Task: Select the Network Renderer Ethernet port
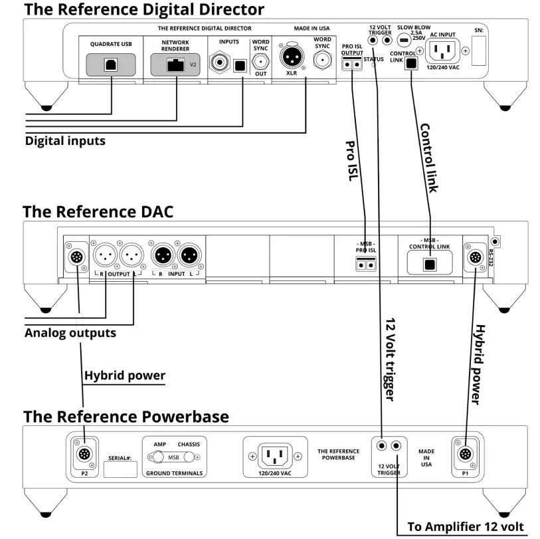[176, 64]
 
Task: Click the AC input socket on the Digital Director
[443, 50]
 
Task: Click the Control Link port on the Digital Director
[412, 63]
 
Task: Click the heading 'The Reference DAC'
[98, 211]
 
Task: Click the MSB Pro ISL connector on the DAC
[363, 263]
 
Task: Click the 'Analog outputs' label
[70, 332]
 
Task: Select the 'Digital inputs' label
[65, 141]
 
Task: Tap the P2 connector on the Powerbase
[84, 455]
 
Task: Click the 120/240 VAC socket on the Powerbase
[275, 456]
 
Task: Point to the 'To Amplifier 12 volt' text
[465, 526]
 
